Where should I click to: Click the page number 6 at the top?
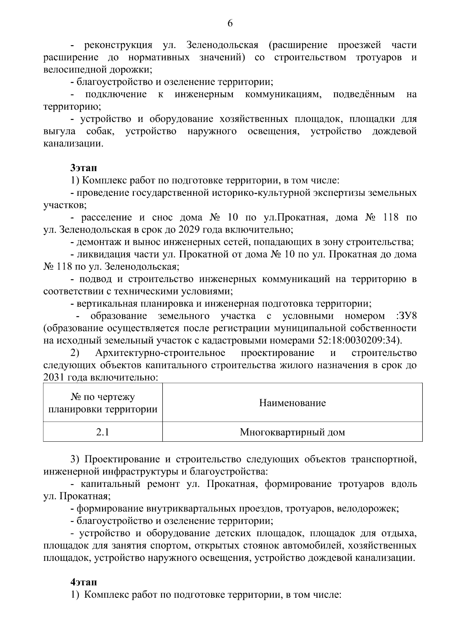coord(230,24)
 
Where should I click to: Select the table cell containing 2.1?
coord(102,432)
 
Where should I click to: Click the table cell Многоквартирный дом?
coord(292,432)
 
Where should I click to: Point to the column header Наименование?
coord(292,403)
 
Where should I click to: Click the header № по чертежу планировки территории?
coord(103,403)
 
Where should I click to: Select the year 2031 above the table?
coord(54,378)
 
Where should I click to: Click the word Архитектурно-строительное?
coord(160,353)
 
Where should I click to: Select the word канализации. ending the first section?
coord(73,144)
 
